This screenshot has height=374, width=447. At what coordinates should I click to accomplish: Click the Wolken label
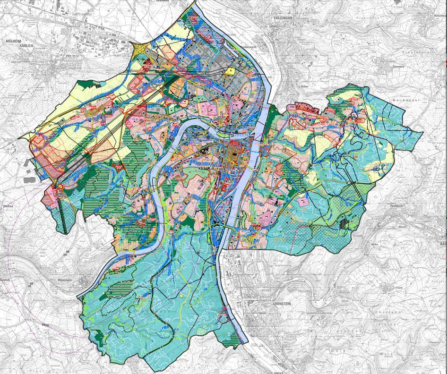pos(6,206)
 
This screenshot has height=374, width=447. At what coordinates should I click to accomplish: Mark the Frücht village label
pos(396,288)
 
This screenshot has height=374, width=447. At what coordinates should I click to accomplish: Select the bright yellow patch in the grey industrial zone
pos(230,71)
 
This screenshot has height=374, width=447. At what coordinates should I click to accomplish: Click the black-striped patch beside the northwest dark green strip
pos(97,85)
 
